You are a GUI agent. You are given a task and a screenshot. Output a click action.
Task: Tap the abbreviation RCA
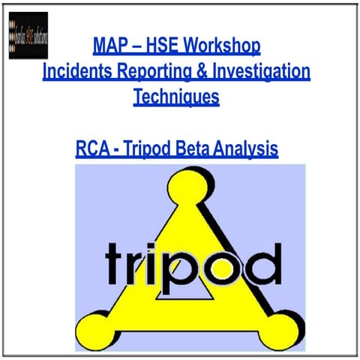pos(94,149)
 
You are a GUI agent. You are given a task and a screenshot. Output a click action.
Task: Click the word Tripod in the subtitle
pos(150,149)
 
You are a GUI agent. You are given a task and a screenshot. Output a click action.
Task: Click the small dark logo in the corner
pos(28,35)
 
